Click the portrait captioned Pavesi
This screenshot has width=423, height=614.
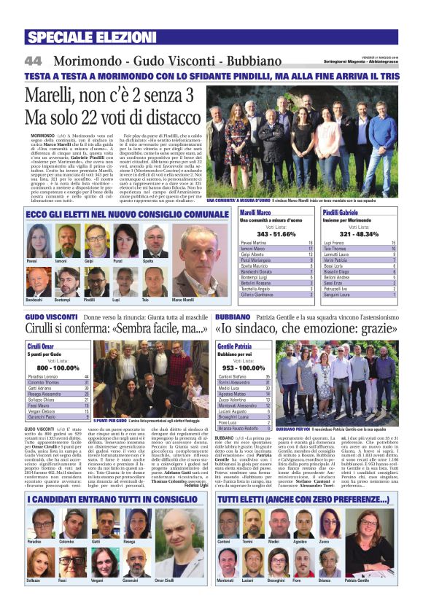[x=36, y=241]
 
